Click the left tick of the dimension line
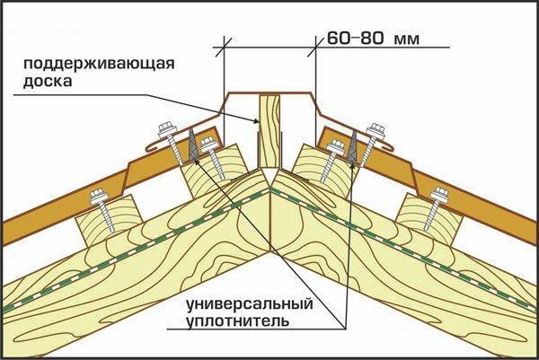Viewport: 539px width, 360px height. (224, 40)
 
